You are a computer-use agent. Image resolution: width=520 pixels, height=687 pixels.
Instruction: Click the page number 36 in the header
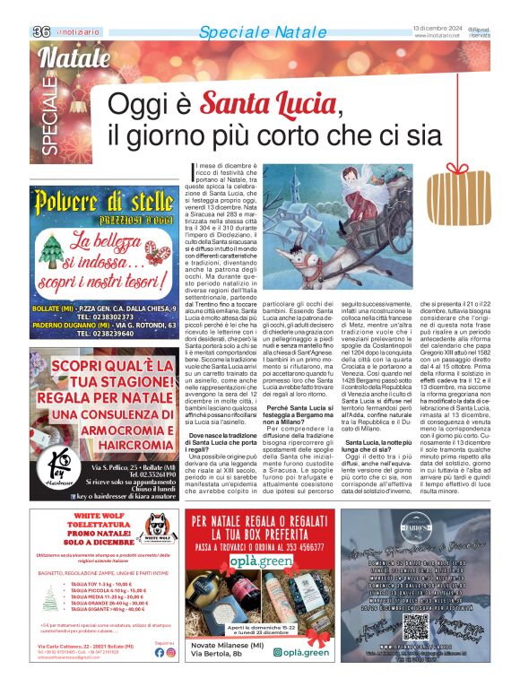[x=40, y=31]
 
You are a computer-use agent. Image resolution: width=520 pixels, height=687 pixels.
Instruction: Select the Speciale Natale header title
[x=250, y=32]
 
